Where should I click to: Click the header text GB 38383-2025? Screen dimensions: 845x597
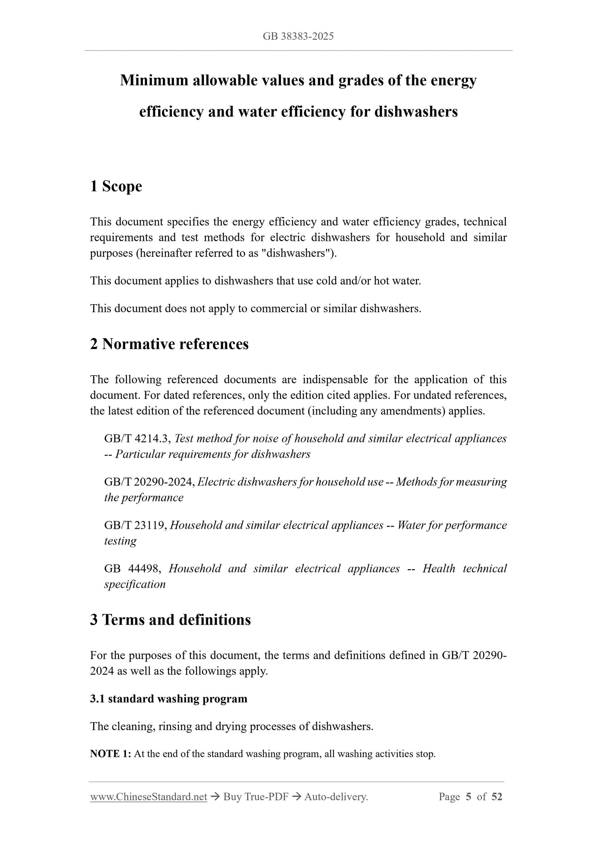[x=298, y=36]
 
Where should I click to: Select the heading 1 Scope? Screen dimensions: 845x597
[x=116, y=186]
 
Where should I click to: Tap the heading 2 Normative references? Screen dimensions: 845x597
[x=169, y=344]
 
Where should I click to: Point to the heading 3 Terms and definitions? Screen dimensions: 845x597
[x=170, y=620]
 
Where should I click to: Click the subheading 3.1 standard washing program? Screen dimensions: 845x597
[x=169, y=699]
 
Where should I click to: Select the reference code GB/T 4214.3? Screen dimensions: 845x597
[x=138, y=439]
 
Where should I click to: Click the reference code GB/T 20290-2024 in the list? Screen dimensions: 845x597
[x=150, y=482]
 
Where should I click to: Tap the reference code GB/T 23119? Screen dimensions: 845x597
[x=135, y=525]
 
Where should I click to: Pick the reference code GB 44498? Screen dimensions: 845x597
[x=131, y=569]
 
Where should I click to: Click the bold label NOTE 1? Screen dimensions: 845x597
[x=110, y=754]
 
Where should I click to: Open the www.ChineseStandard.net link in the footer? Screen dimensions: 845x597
[x=148, y=797]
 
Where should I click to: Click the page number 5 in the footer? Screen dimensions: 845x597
[x=468, y=797]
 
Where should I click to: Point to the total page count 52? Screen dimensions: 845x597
[x=497, y=797]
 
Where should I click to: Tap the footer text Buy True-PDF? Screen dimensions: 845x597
[x=255, y=797]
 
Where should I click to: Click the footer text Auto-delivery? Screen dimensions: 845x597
[x=336, y=797]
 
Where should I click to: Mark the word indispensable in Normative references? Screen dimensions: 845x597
[x=335, y=380]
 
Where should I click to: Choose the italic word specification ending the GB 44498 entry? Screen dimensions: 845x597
[x=135, y=585]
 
